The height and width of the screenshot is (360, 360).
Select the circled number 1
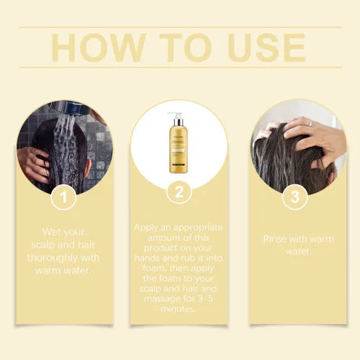click(64, 196)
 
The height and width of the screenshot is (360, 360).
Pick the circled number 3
click(294, 196)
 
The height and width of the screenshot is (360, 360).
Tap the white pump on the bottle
click(176, 117)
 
